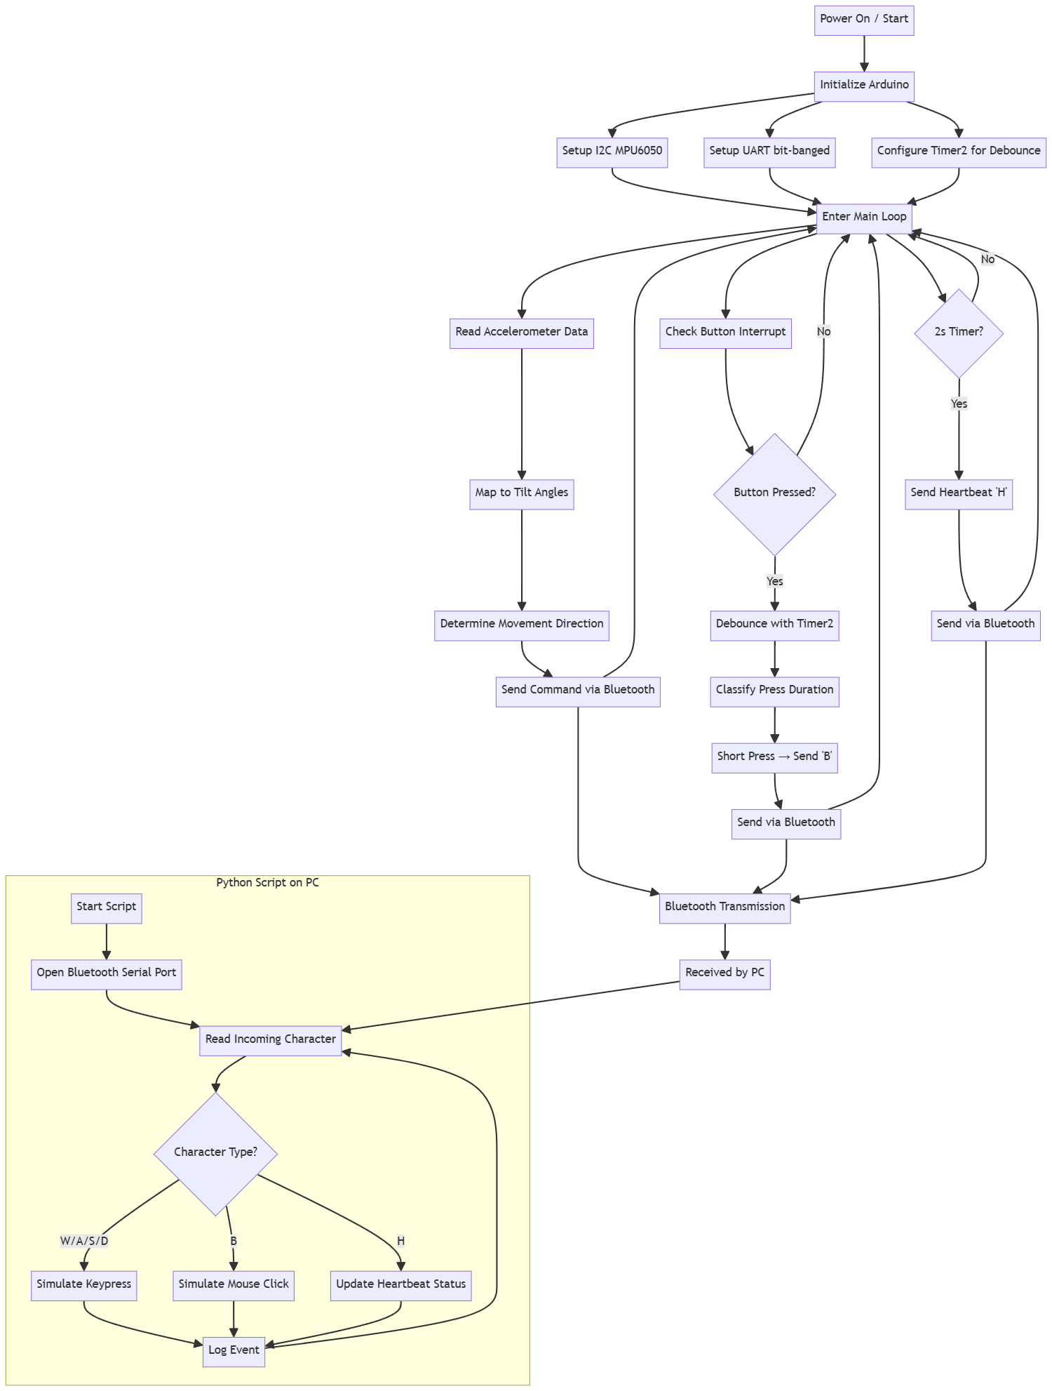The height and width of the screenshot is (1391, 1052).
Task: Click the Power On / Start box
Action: pyautogui.click(x=863, y=20)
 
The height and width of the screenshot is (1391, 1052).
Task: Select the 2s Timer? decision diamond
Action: pyautogui.click(x=958, y=333)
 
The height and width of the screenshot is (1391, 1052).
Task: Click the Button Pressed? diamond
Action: pyautogui.click(x=774, y=493)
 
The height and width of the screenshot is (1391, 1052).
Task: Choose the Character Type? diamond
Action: pyautogui.click(x=215, y=1153)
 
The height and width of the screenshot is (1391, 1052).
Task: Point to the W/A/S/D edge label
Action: pyautogui.click(x=84, y=1242)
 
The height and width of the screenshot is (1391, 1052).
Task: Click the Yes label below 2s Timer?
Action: pyautogui.click(x=958, y=404)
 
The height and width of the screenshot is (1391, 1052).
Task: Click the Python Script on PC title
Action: pyautogui.click(x=267, y=883)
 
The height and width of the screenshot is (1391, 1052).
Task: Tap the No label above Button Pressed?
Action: pyautogui.click(x=823, y=332)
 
